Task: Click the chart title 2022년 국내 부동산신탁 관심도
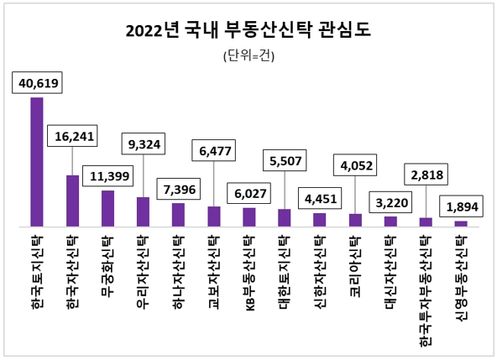point(248,31)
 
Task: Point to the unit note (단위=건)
point(248,57)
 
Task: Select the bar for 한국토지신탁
point(37,162)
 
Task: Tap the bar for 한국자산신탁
point(72,201)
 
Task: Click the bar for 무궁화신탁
point(107,208)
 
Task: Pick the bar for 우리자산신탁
point(143,211)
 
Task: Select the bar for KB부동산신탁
point(249,217)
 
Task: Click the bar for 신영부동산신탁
point(461,223)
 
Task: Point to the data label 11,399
point(108,177)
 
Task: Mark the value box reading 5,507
point(286,159)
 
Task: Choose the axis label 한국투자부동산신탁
point(426,290)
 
